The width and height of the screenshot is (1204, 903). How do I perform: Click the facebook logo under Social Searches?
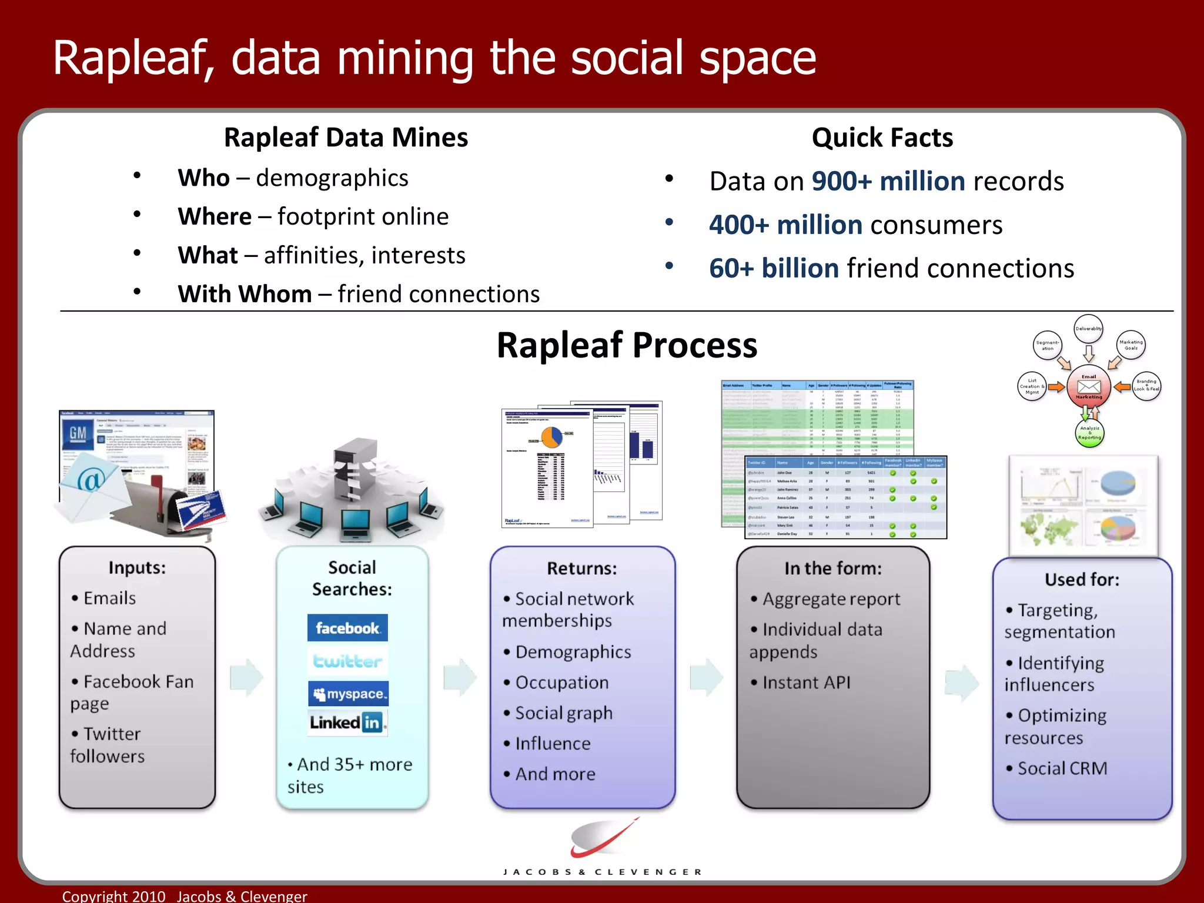pos(347,628)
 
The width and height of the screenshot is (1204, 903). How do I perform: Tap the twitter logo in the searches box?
pos(347,661)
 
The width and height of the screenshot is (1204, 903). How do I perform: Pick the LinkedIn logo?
pos(347,723)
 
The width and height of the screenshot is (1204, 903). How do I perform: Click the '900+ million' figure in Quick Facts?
pos(888,181)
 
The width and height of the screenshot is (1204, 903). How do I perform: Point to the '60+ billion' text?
pos(774,269)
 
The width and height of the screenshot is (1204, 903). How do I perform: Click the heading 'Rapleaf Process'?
pos(627,345)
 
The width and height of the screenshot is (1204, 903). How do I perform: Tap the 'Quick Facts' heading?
pos(882,138)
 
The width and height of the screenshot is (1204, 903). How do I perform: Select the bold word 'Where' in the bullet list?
pos(215,216)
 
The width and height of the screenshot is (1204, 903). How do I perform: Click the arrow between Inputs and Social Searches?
pos(246,677)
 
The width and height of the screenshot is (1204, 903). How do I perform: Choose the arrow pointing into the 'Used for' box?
pos(962,683)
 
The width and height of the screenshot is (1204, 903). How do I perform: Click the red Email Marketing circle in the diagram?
pos(1088,387)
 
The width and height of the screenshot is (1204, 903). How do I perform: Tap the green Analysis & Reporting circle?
pos(1089,433)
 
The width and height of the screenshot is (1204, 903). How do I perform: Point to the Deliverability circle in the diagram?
pos(1088,329)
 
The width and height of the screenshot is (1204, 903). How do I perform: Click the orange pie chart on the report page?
pos(551,437)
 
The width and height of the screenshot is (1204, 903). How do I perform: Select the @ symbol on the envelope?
pos(91,481)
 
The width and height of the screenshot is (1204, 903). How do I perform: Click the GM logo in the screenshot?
pos(78,434)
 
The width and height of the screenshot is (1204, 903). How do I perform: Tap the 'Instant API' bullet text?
pos(806,683)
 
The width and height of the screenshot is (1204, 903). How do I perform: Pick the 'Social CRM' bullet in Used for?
pos(1062,768)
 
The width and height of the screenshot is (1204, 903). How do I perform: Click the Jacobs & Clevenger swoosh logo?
pos(602,838)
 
